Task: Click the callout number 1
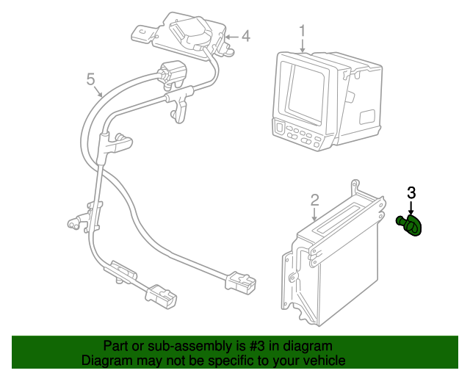tap(302, 32)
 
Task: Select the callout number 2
tap(314, 200)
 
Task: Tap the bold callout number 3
tap(411, 193)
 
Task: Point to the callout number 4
tap(245, 36)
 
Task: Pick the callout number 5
tap(90, 79)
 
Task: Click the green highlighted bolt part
tap(409, 225)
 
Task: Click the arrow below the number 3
tap(411, 209)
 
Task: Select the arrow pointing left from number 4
tap(231, 37)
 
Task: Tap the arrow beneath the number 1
tap(303, 46)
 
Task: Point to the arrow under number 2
tap(314, 214)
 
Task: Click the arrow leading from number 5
tap(98, 91)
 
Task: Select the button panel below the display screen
tap(300, 136)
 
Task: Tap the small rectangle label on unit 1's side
tap(367, 116)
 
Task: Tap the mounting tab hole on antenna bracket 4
tap(142, 31)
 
